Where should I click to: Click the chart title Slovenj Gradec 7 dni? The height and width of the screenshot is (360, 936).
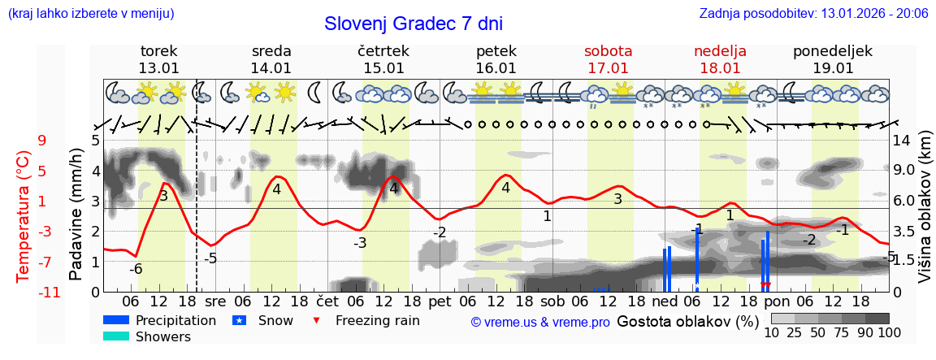click(x=414, y=24)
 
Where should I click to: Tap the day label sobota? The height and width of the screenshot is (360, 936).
click(x=608, y=51)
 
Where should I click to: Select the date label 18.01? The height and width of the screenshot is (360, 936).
click(x=720, y=68)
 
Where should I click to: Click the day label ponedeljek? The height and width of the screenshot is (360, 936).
click(x=833, y=51)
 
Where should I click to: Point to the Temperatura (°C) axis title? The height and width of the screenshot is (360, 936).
click(x=23, y=216)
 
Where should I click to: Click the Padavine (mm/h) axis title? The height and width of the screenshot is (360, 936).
click(x=76, y=215)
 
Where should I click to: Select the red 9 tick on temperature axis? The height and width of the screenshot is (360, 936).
click(x=41, y=141)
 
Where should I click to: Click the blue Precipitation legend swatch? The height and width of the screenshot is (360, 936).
click(x=116, y=320)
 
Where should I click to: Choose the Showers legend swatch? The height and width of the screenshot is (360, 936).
click(x=116, y=336)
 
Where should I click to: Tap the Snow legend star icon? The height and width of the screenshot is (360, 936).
click(x=239, y=320)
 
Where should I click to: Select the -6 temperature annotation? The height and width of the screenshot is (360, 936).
click(x=136, y=269)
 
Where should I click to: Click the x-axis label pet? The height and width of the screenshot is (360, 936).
click(x=440, y=301)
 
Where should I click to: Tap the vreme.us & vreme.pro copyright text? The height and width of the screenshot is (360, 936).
click(x=540, y=322)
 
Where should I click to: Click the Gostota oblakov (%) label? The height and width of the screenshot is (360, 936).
click(x=687, y=320)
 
